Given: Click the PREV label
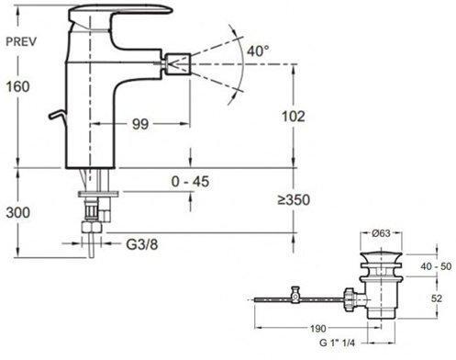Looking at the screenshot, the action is click(x=21, y=41).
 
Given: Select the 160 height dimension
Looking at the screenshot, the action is click(x=18, y=86).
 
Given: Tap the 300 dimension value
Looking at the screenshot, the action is click(x=18, y=212).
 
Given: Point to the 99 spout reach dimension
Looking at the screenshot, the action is click(x=140, y=124).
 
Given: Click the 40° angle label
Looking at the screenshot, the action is click(x=258, y=51).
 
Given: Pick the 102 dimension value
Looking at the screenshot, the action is click(x=293, y=117).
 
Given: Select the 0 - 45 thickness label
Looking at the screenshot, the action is click(x=191, y=182).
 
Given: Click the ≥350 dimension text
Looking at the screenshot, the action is click(x=294, y=200).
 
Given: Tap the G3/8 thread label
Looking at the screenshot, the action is click(x=142, y=244).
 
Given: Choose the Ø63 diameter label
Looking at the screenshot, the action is click(x=382, y=233).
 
